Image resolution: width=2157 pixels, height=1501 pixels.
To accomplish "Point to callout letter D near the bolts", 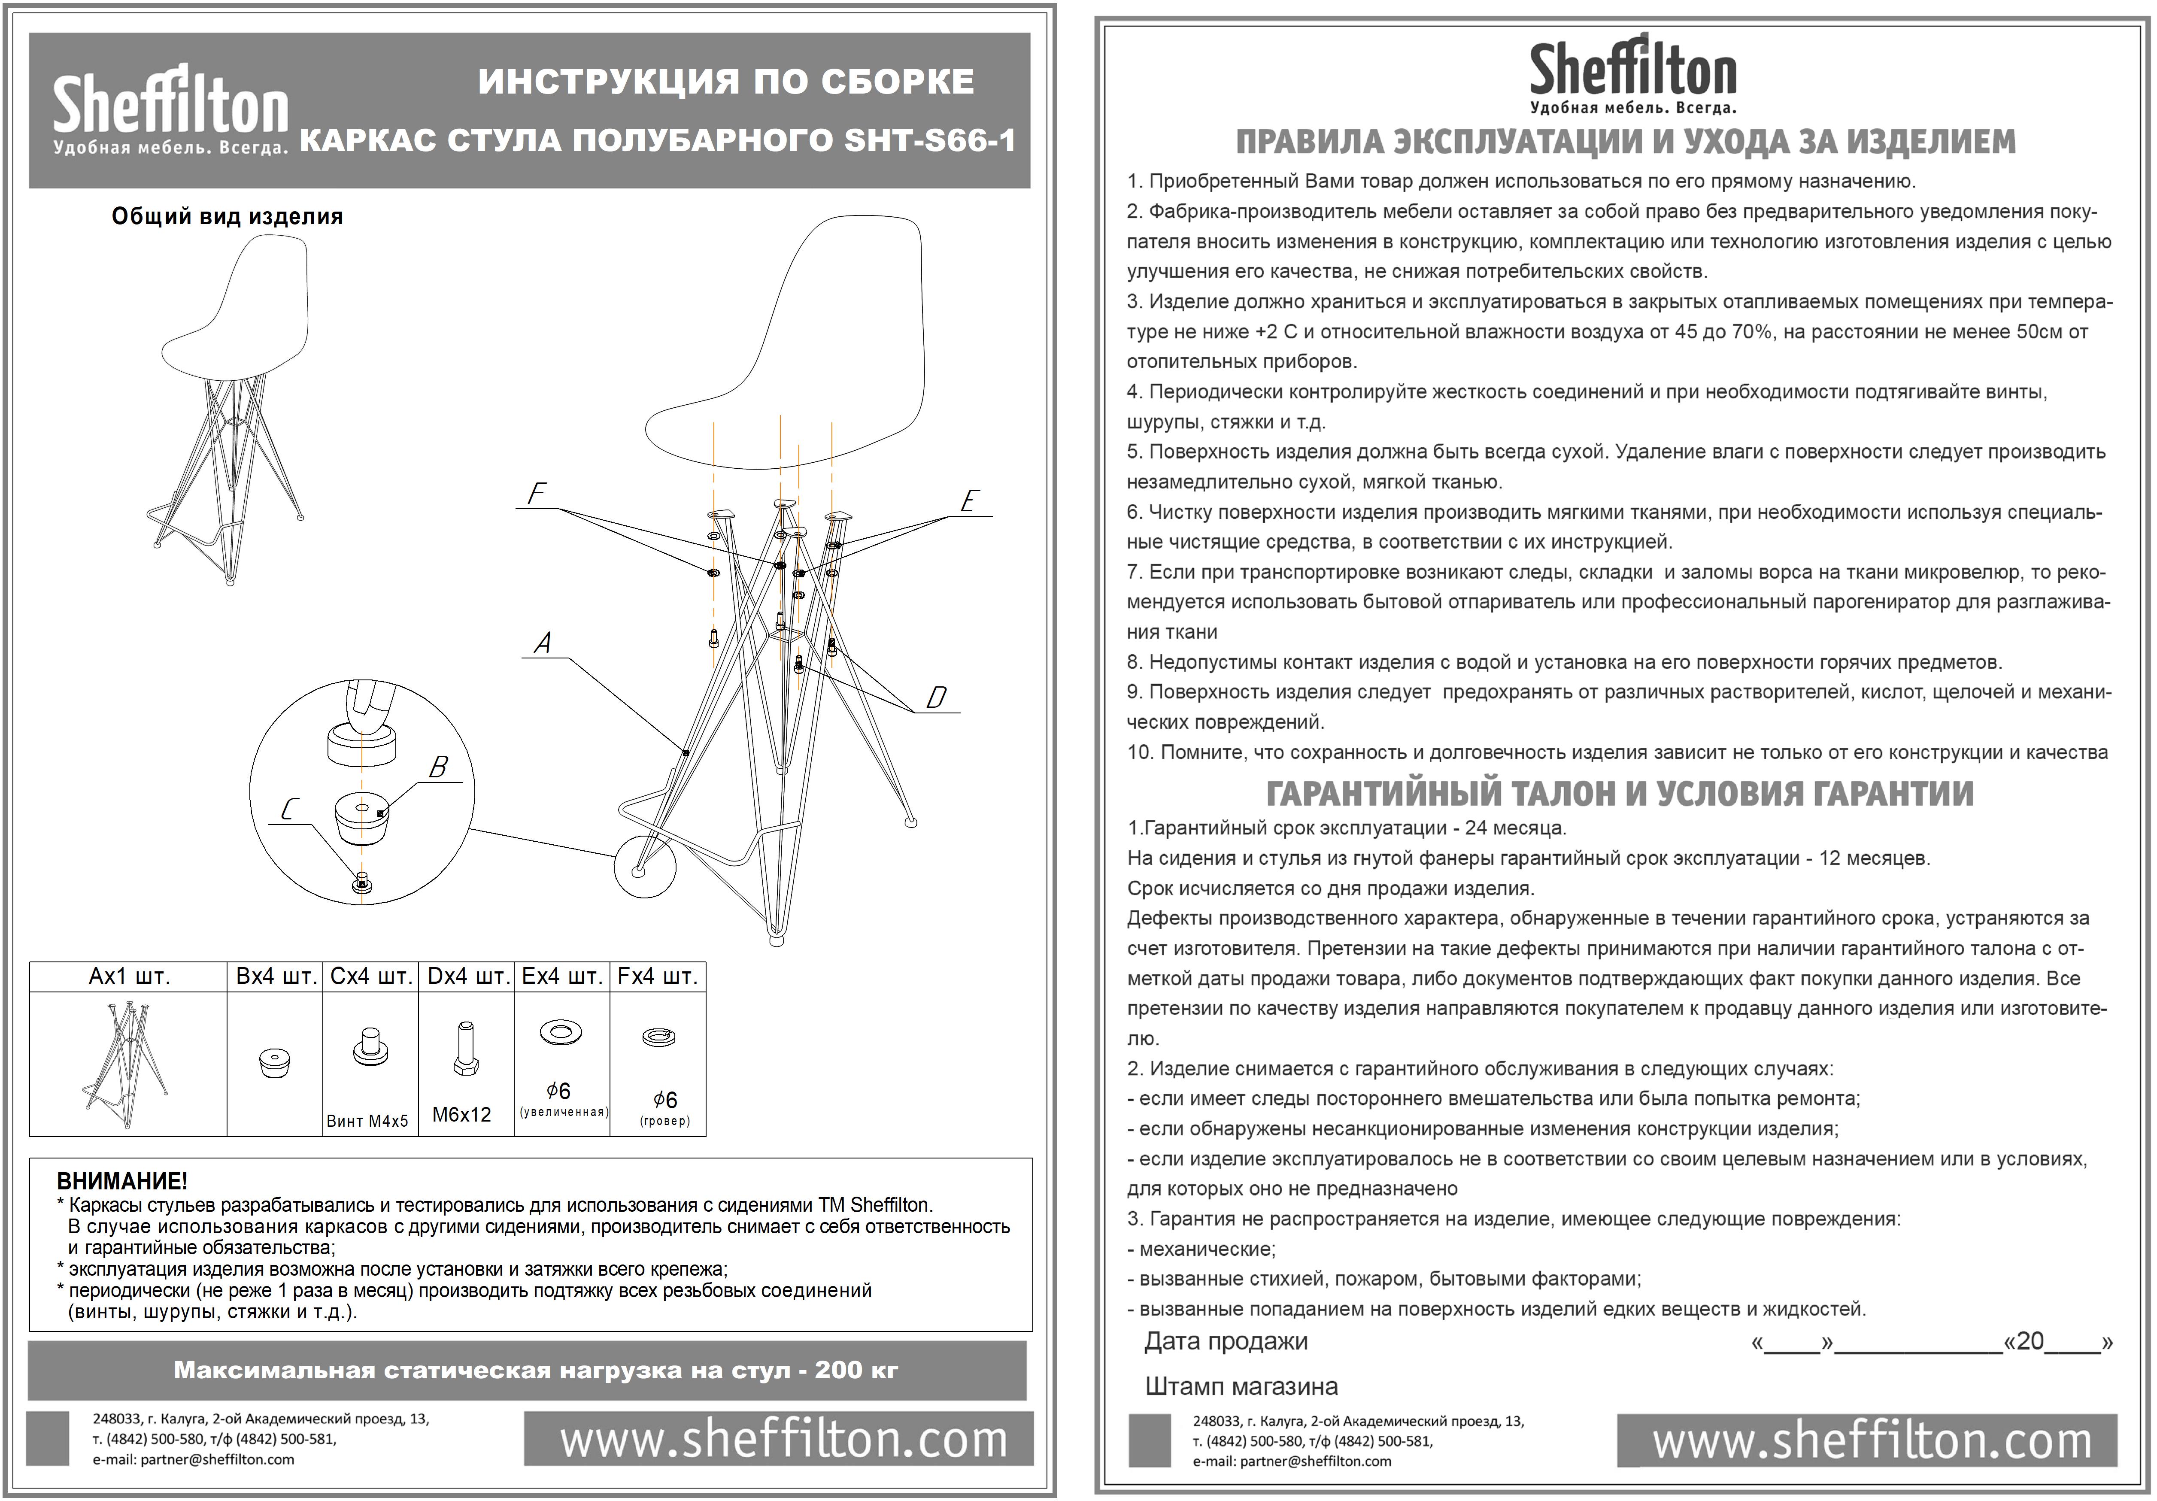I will point(936,698).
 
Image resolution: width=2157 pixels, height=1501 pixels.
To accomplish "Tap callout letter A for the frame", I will point(542,643).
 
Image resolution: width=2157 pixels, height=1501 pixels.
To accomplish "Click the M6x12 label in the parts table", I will point(461,1115).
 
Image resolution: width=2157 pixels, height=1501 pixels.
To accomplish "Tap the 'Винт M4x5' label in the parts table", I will point(367,1121).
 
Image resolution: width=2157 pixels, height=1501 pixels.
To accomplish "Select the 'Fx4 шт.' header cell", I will point(658,977).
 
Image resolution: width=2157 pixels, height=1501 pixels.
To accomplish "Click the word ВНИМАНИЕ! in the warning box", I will point(122,1181).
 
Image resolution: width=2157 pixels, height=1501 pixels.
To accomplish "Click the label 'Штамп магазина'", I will point(1241,1386).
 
